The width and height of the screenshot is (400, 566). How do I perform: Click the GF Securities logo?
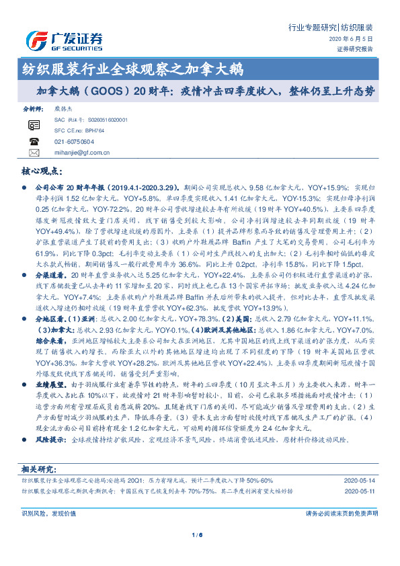click(x=64, y=40)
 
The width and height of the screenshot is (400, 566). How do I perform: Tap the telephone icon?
click(x=34, y=142)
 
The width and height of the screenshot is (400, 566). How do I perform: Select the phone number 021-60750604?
click(x=73, y=142)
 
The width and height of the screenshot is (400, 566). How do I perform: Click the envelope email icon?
click(x=34, y=153)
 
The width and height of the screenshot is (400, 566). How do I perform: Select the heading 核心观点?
click(x=42, y=171)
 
